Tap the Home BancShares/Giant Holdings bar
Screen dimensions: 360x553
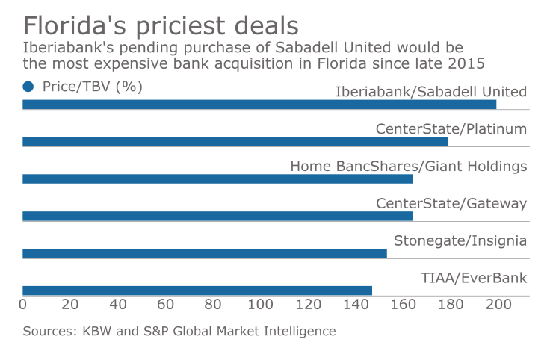click(x=217, y=179)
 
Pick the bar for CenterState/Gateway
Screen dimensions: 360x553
click(x=217, y=217)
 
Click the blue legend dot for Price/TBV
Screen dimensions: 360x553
click(x=29, y=87)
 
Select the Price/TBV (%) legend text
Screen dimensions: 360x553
click(x=92, y=87)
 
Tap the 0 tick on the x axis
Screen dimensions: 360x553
click(x=23, y=305)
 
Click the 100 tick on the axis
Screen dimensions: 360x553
click(x=261, y=305)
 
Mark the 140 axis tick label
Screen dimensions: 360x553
click(x=356, y=305)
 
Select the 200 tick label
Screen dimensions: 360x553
click(x=498, y=305)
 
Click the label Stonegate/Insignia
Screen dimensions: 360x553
click(x=460, y=240)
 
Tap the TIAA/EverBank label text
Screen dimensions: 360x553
click(x=474, y=278)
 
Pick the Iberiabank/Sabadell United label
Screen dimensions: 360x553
click(x=431, y=92)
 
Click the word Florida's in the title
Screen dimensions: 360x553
click(x=88, y=25)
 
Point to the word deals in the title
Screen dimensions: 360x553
click(x=263, y=25)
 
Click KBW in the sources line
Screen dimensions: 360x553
click(x=93, y=331)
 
